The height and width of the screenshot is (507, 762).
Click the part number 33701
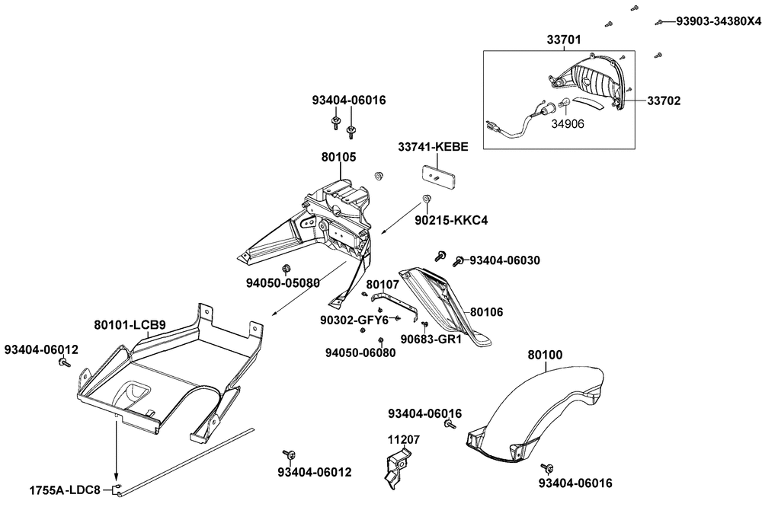click(x=564, y=40)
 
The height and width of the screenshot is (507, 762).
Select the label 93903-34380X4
click(x=719, y=21)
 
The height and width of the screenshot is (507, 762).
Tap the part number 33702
click(x=664, y=101)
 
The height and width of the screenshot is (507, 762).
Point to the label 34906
click(x=568, y=124)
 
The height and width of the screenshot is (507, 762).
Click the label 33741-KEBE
click(x=434, y=147)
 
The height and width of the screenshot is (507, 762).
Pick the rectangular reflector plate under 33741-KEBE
click(x=439, y=178)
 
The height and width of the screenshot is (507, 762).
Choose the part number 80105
click(x=339, y=157)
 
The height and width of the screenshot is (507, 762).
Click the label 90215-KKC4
click(x=451, y=221)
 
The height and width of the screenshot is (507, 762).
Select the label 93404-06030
click(x=505, y=260)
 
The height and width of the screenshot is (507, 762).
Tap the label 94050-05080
click(x=283, y=282)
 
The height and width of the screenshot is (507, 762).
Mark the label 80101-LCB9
click(x=130, y=325)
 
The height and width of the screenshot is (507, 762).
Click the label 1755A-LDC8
click(x=65, y=490)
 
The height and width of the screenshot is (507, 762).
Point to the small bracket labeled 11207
click(x=397, y=468)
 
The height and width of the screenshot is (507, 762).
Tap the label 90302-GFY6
click(x=354, y=320)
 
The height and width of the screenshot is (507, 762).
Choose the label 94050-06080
click(x=360, y=352)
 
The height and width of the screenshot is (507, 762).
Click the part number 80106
click(x=487, y=312)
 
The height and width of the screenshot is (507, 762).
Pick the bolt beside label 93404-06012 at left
click(x=64, y=362)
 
